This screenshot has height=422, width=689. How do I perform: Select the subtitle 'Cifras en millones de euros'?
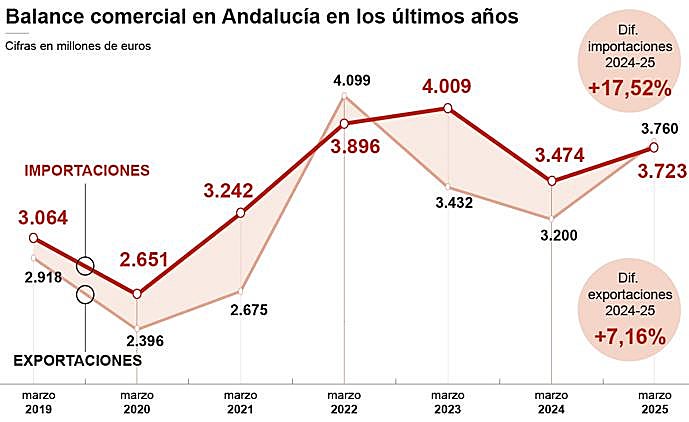coord(78,46)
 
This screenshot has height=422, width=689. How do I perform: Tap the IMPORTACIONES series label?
coord(87,171)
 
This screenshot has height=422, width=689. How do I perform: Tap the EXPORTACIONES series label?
coord(85,360)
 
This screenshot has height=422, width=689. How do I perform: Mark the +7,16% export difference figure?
coord(629,336)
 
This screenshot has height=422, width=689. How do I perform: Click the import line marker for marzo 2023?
coord(448,108)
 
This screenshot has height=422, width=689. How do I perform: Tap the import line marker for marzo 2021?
coord(241,213)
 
